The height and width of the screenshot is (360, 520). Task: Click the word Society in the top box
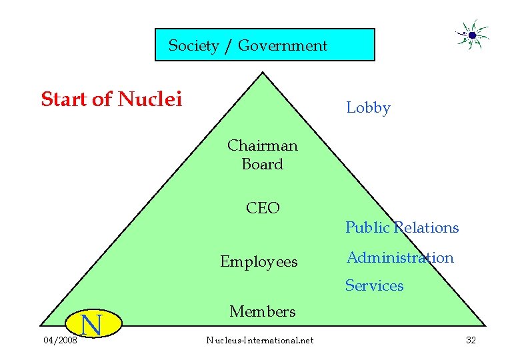(193, 45)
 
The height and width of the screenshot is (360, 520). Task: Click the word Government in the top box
(283, 45)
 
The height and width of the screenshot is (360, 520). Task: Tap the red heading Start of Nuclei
(111, 99)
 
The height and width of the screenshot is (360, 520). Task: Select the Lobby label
(368, 108)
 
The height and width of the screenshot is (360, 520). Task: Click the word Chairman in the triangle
(262, 145)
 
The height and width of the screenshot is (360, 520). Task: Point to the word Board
(263, 164)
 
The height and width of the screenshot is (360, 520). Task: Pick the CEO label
(263, 208)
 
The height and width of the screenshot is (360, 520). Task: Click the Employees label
(259, 262)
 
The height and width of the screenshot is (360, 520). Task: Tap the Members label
(262, 311)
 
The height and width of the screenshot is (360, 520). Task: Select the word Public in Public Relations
(367, 228)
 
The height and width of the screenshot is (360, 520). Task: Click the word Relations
(426, 228)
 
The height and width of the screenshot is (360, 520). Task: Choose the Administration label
(400, 258)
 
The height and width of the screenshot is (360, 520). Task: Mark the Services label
(374, 286)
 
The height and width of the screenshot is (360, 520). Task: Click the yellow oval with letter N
(91, 326)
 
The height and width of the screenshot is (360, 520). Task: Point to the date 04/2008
(59, 341)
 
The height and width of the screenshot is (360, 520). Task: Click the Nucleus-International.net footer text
(259, 341)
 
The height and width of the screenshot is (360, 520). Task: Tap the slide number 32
(471, 341)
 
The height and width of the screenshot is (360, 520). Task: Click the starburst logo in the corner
(472, 35)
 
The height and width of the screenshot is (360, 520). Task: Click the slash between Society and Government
(229, 45)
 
